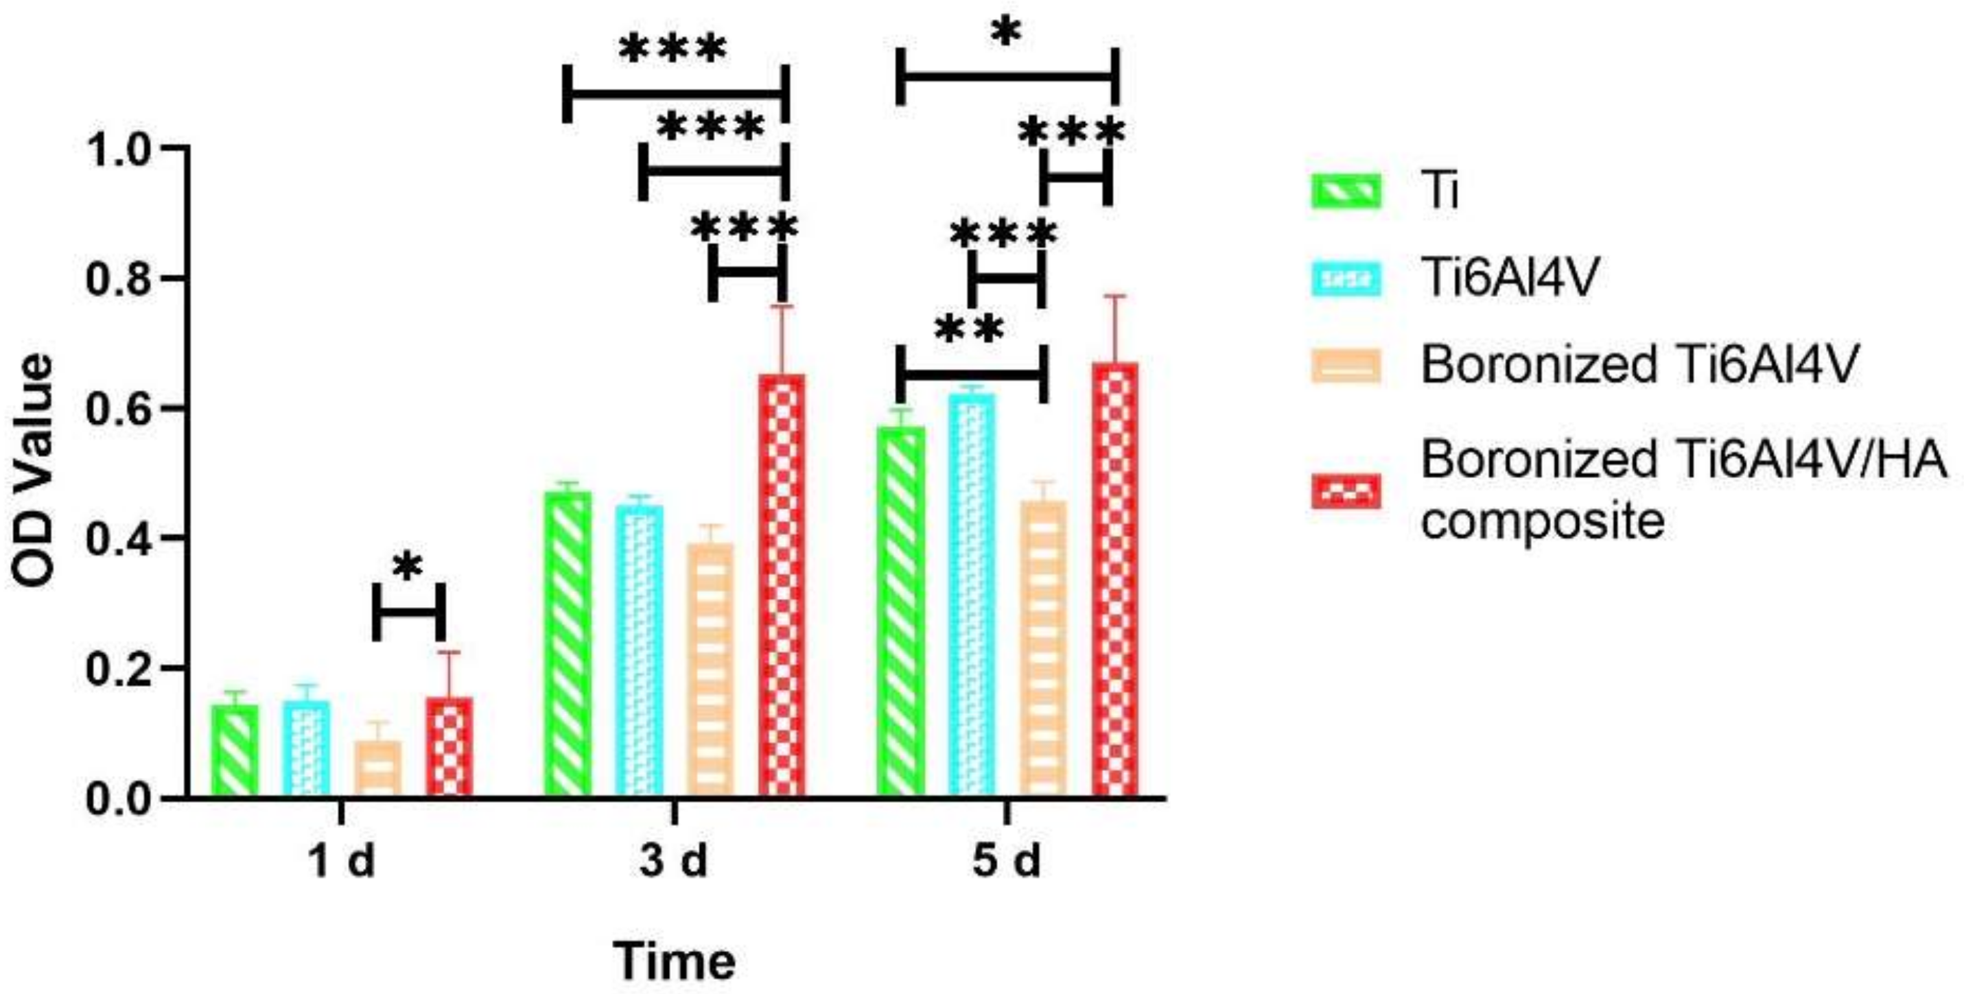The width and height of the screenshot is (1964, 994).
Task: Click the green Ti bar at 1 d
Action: [x=235, y=751]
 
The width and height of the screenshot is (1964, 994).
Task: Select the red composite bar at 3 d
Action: [x=782, y=587]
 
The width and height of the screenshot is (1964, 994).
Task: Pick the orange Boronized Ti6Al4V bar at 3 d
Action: [x=710, y=671]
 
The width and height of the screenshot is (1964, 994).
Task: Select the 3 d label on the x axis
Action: [x=673, y=862]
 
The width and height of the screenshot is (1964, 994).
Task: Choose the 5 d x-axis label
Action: [x=1007, y=862]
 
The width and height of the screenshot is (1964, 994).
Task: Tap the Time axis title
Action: [x=675, y=962]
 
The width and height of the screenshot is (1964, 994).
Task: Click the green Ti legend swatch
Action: [x=1346, y=191]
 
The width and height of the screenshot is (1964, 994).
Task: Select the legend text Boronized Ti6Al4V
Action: [x=1640, y=364]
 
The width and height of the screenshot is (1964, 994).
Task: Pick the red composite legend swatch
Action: [x=1346, y=491]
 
